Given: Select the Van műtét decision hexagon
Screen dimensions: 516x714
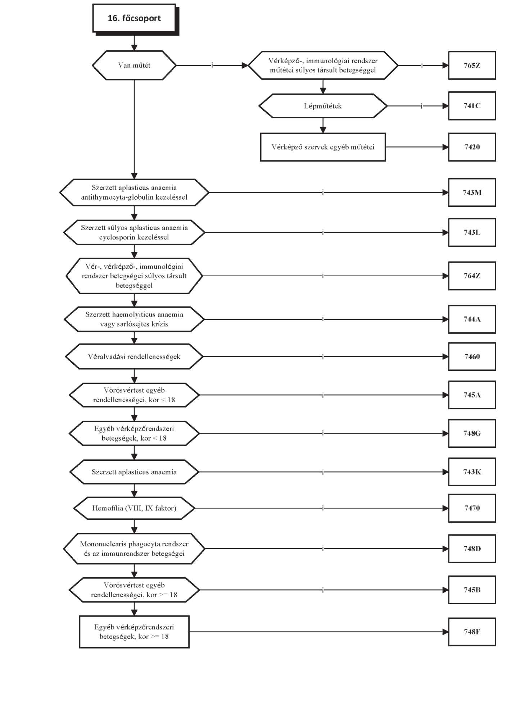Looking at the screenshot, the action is click(x=134, y=65).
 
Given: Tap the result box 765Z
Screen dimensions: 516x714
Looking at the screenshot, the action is click(x=472, y=65).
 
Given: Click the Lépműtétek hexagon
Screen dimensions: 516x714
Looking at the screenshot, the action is click(x=323, y=106).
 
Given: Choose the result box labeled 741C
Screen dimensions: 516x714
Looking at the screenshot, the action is click(x=472, y=106).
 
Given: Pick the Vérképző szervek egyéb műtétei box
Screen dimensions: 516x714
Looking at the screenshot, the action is click(x=323, y=147).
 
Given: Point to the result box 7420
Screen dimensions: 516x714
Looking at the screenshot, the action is click(x=472, y=147).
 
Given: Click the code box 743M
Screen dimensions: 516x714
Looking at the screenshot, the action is click(x=472, y=192).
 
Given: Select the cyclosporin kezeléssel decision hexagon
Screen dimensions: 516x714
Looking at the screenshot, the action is click(x=134, y=232).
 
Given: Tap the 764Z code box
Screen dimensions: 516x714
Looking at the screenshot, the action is click(x=472, y=276).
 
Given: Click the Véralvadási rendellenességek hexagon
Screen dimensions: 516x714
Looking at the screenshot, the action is click(x=134, y=356).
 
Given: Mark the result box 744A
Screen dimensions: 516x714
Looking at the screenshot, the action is click(x=472, y=319).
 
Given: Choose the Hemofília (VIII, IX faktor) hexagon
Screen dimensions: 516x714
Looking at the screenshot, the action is click(x=134, y=508).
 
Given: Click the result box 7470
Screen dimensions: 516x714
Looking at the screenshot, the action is click(x=472, y=508).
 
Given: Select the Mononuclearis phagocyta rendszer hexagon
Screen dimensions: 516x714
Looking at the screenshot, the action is click(x=134, y=549).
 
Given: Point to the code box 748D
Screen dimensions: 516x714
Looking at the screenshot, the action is click(x=472, y=549).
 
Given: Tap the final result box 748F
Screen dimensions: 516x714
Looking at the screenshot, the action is click(x=472, y=632).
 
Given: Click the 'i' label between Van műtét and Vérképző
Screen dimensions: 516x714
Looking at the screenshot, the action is click(x=212, y=65).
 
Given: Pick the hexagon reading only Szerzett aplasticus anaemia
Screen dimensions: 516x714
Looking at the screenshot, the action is click(x=134, y=472).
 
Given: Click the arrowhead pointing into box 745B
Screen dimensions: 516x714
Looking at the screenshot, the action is click(x=445, y=590).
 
